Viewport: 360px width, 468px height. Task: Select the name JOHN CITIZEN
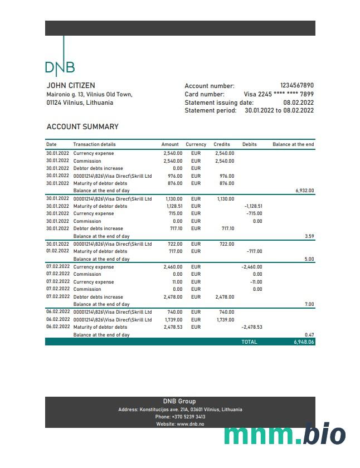pyautogui.click(x=70, y=86)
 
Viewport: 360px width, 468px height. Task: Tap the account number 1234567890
pyautogui.click(x=296, y=85)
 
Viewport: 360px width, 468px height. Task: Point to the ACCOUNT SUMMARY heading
pyautogui.click(x=82, y=126)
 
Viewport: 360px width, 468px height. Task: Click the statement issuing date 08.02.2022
pyautogui.click(x=298, y=103)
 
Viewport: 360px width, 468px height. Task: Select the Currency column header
pyautogui.click(x=196, y=144)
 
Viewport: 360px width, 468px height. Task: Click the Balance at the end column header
pyautogui.click(x=293, y=144)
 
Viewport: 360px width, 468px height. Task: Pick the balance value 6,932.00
pyautogui.click(x=304, y=191)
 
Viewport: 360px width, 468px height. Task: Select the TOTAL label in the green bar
pyautogui.click(x=249, y=342)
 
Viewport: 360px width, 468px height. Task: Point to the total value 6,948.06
pyautogui.click(x=304, y=342)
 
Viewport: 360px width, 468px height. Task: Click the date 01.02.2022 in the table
pyautogui.click(x=58, y=251)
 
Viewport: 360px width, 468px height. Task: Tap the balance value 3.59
pyautogui.click(x=309, y=236)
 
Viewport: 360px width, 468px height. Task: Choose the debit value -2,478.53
pyautogui.click(x=252, y=327)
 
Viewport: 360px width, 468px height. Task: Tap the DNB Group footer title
pyautogui.click(x=179, y=401)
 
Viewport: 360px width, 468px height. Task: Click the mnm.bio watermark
pyautogui.click(x=285, y=434)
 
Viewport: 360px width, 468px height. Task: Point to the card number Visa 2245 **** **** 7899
pyautogui.click(x=279, y=94)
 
